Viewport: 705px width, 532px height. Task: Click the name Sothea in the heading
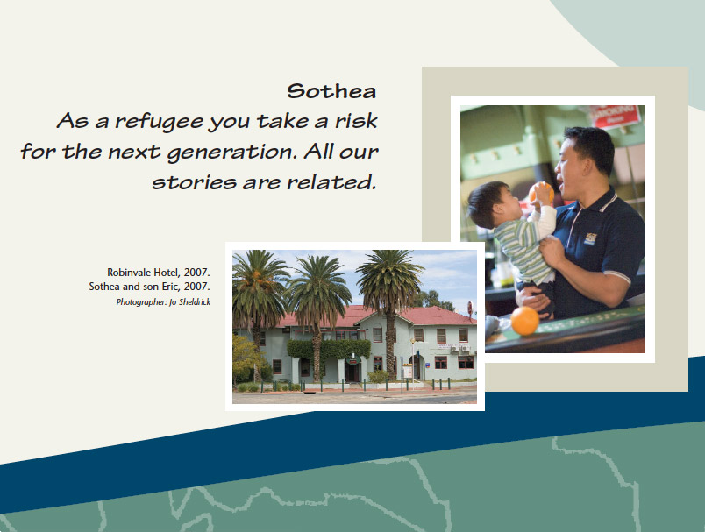click(331, 91)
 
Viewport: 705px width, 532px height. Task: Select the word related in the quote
click(331, 182)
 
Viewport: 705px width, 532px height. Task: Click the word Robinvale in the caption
click(129, 273)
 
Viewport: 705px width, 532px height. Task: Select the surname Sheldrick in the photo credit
click(195, 302)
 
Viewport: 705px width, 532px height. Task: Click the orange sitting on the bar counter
click(524, 321)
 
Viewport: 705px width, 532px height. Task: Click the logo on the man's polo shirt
click(589, 238)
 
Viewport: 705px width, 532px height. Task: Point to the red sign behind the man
click(616, 116)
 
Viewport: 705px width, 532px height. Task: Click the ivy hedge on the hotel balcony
click(329, 349)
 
